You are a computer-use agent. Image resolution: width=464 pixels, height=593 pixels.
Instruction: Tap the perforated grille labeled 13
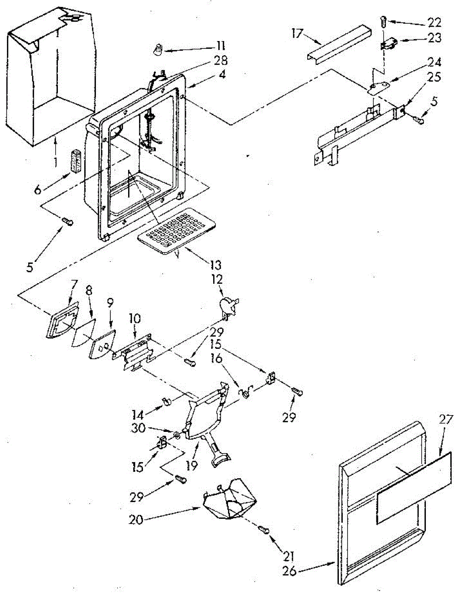(177, 228)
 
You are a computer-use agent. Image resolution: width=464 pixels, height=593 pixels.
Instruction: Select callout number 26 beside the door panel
(290, 570)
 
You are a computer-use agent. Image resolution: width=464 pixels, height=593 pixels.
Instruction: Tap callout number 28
(221, 61)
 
